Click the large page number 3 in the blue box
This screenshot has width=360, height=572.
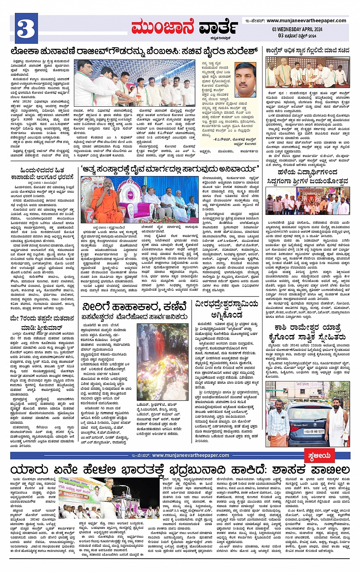pyautogui.click(x=26, y=29)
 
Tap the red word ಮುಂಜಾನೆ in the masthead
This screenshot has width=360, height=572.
pyautogui.click(x=163, y=27)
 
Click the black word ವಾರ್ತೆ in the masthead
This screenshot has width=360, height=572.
pyautogui.click(x=218, y=28)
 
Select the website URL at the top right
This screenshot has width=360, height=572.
pyautogui.click(x=306, y=21)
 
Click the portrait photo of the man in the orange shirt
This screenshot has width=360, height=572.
pyautogui.click(x=245, y=80)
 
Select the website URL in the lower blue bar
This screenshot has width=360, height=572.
pyautogui.click(x=190, y=455)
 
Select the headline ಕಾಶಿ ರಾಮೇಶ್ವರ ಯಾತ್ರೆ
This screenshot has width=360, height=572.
pyautogui.click(x=307, y=328)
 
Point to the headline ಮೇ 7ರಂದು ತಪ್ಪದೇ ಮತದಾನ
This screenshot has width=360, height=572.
pyautogui.click(x=42, y=319)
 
